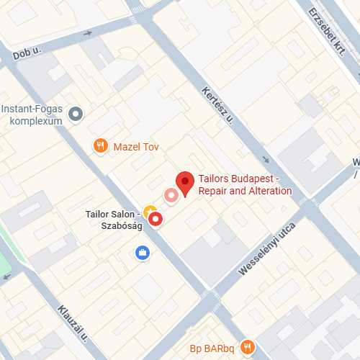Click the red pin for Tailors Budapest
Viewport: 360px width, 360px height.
click(x=186, y=183)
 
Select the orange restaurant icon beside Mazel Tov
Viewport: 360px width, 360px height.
click(x=101, y=147)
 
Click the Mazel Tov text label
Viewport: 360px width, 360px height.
click(x=136, y=147)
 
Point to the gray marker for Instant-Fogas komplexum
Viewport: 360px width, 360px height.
click(x=75, y=114)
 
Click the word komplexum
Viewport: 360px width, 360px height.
click(x=35, y=120)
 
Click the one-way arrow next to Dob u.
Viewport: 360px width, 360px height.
click(x=88, y=33)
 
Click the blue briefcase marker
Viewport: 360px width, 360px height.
click(x=143, y=252)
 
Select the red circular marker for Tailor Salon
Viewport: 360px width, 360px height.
click(x=156, y=218)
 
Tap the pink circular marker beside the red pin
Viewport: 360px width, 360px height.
click(x=171, y=194)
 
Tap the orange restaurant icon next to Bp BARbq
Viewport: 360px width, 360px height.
click(x=248, y=347)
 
